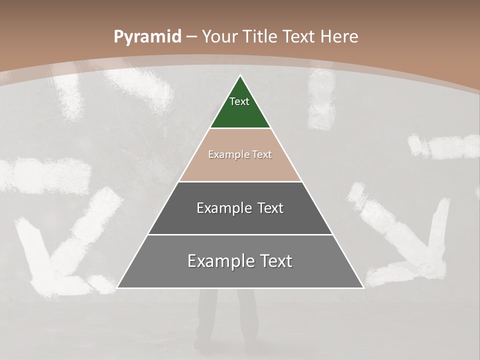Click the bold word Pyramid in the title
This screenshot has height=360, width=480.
coord(147,37)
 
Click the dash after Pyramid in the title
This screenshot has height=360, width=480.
coord(191,37)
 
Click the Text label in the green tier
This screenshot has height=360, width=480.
coord(239,101)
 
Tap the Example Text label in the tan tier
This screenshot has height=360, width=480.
coord(240,154)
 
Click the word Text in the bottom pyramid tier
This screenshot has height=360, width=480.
coord(275,261)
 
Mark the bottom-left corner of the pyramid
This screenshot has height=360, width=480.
coord(118,287)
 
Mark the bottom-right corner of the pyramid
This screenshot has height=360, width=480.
coord(363,287)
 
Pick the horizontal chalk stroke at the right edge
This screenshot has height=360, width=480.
coord(445,146)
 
